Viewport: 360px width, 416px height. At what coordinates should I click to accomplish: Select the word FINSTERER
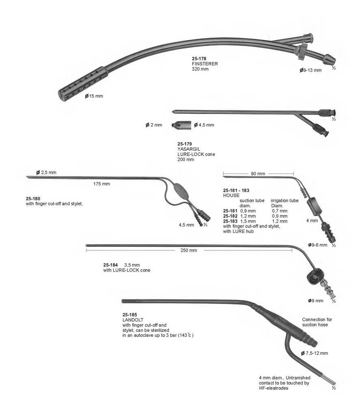[205, 64]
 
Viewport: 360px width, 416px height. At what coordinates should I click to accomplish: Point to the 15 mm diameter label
[94, 96]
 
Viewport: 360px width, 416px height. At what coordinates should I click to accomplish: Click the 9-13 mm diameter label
[311, 70]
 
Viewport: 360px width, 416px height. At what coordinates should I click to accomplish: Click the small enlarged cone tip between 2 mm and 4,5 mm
[181, 125]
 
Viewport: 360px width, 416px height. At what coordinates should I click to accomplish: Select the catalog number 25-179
[184, 144]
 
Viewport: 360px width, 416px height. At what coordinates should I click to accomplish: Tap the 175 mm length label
[101, 184]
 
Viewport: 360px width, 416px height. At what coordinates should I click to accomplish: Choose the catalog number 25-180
[33, 199]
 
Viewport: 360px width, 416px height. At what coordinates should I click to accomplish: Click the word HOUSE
[231, 195]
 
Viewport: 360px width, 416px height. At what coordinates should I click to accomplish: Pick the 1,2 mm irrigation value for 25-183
[280, 221]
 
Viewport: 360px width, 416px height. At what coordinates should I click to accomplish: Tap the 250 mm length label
[189, 250]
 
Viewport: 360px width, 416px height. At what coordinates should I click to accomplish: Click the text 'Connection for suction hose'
[317, 322]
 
